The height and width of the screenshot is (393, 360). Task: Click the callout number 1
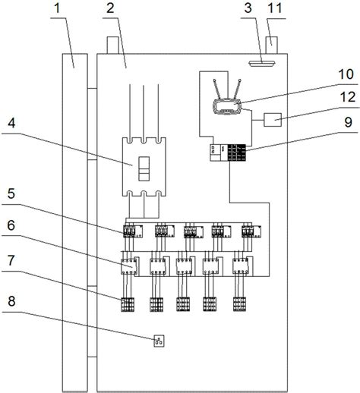pos(58,8)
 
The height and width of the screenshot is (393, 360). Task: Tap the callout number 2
pos(110,8)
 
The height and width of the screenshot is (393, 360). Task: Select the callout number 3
pos(248,8)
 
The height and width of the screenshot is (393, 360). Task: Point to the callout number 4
pos(11,124)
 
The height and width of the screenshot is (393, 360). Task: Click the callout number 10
pos(346,74)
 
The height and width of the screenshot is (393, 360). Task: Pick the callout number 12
pos(348,97)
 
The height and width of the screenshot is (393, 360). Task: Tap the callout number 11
pos(275,8)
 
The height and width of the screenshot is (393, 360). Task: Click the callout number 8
pos(11,301)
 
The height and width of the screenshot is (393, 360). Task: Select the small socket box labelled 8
pos(159,341)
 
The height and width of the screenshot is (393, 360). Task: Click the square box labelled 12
pos(273,120)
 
